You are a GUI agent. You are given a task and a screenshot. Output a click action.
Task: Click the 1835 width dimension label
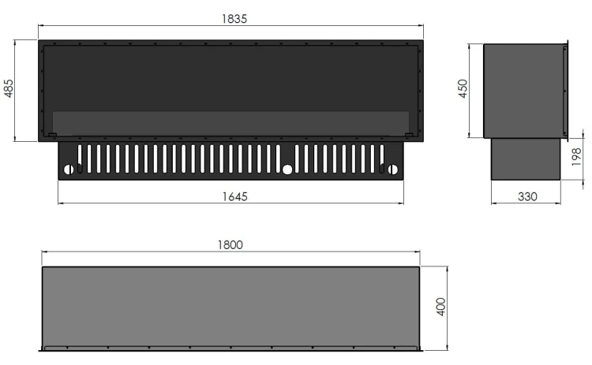[x=234, y=19]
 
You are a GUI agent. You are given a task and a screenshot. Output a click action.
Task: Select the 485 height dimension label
[x=9, y=88]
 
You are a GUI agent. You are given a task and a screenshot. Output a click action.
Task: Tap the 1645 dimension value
[x=234, y=196]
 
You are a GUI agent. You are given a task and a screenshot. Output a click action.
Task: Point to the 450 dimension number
[x=463, y=88]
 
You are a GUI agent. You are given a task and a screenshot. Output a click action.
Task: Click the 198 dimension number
[x=576, y=157]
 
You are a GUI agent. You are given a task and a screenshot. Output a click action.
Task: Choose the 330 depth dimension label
[x=527, y=196]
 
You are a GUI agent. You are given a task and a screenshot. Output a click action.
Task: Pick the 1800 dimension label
[x=230, y=245]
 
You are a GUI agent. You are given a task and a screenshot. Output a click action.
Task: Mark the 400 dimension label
[x=440, y=307]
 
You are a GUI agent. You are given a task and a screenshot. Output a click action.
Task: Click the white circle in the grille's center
[x=287, y=169]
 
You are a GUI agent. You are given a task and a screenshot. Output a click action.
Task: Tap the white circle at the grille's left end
[x=69, y=169]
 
